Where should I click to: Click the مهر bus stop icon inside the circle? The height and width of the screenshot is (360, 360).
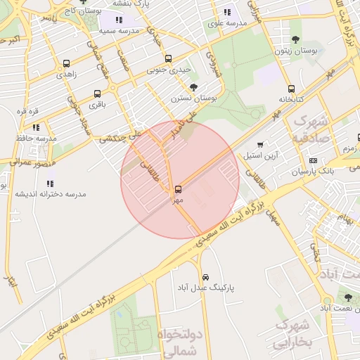pyautogui.click(x=177, y=189)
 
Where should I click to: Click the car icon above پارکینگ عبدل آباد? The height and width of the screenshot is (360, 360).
pyautogui.click(x=205, y=277)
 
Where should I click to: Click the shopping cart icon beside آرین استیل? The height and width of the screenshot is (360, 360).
pyautogui.click(x=261, y=145)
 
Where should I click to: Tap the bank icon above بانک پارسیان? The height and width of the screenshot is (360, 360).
pyautogui.click(x=323, y=160)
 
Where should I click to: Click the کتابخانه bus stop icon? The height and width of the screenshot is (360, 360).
pyautogui.click(x=291, y=89)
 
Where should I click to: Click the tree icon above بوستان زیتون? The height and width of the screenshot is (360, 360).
pyautogui.click(x=295, y=40)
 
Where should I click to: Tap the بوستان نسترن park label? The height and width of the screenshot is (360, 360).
pyautogui.click(x=193, y=98)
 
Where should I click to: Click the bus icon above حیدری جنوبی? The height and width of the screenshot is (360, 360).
pyautogui.click(x=167, y=59)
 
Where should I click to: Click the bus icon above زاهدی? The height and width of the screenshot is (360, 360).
pyautogui.click(x=66, y=63)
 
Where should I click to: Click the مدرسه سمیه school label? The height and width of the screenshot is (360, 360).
pyautogui.click(x=117, y=30)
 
